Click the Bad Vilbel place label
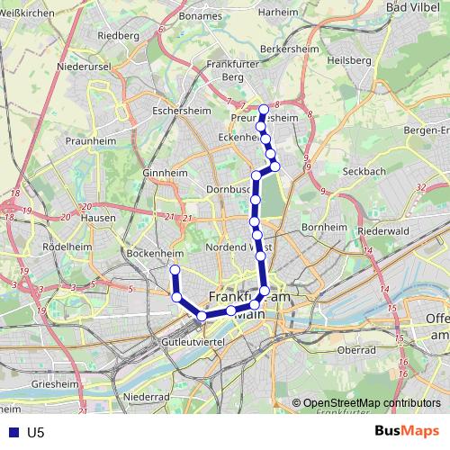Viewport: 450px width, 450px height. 410,7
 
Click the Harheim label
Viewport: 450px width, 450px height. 277,13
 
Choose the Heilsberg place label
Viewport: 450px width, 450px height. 349,59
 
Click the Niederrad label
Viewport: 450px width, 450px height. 146,396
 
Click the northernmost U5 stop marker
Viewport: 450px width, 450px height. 264,110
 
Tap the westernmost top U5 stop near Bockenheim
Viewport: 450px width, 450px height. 175,270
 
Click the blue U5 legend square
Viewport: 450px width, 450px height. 11,432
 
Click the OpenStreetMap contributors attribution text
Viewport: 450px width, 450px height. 371,403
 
